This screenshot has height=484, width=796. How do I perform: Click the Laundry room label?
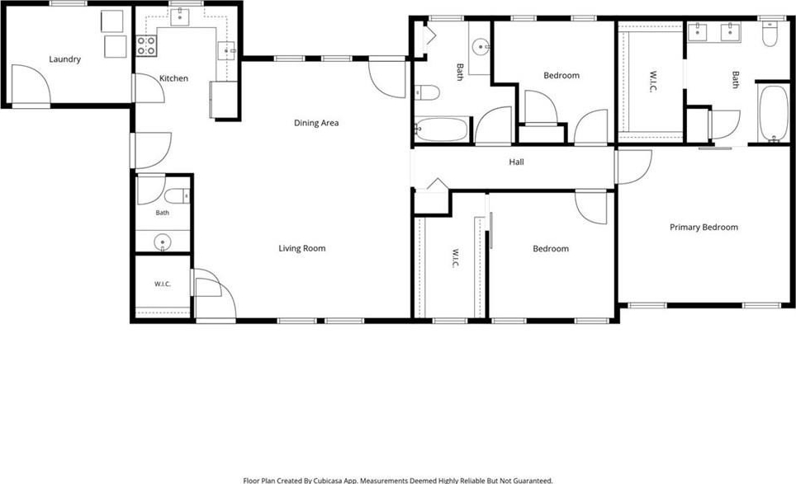pos(65,59)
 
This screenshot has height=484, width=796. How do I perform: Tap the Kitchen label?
pos(173,78)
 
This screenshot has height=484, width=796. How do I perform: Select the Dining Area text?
pos(316,123)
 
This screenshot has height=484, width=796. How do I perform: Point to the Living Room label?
pos(302,248)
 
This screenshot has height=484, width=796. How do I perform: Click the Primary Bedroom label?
pos(704,227)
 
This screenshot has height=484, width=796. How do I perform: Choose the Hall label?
pos(516,162)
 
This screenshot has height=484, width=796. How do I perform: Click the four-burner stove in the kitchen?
pos(145,45)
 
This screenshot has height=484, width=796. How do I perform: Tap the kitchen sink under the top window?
pos(180,16)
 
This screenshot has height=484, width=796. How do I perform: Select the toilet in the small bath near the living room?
pos(177,195)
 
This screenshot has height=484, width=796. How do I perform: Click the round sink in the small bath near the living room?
pos(163,242)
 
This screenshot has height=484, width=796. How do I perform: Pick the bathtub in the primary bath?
pos(773,114)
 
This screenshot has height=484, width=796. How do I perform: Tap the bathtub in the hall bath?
pos(441,129)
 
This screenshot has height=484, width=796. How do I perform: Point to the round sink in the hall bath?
pos(481,48)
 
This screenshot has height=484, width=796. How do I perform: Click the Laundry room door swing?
pos(31,85)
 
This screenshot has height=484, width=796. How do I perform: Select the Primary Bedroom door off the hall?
pos(633,167)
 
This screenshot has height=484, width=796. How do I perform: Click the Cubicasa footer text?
pos(398,480)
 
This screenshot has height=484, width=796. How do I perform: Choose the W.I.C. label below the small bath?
pos(163,284)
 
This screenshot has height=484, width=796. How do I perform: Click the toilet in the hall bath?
pos(427,92)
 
